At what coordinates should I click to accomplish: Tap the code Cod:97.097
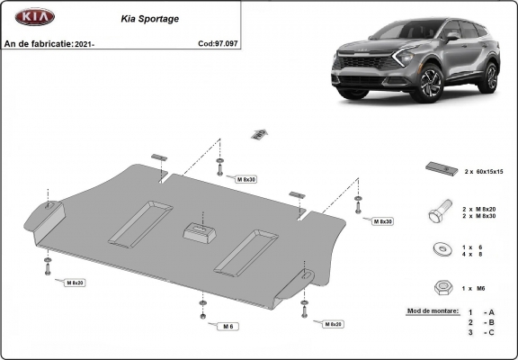(x=219, y=42)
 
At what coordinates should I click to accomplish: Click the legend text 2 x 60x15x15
(x=484, y=171)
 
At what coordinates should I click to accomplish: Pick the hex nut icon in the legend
(x=442, y=287)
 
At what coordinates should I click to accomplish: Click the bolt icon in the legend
(x=441, y=212)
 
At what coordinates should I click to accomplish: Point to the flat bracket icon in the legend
(x=440, y=170)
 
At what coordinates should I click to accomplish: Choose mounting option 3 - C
(x=481, y=333)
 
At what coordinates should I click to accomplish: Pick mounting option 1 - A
(x=481, y=311)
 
